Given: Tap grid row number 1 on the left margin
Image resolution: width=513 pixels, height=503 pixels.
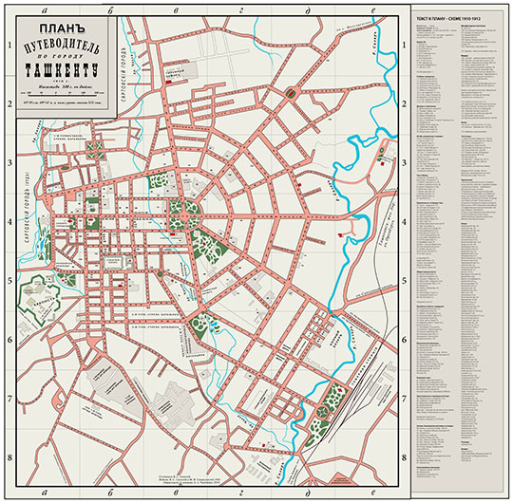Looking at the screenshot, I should [9, 44].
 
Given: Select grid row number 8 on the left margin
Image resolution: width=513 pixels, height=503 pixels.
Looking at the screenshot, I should [9, 457].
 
